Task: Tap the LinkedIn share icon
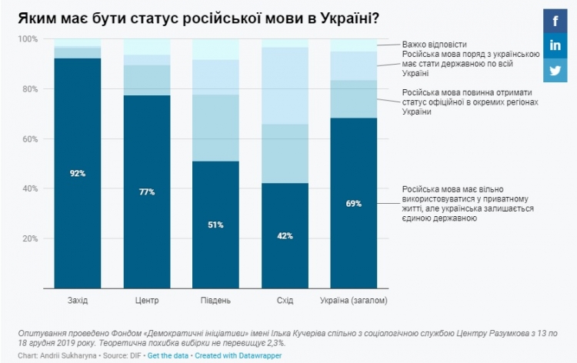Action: [555, 45]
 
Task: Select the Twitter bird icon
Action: [555, 70]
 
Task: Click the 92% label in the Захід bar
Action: [77, 174]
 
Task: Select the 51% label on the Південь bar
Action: [215, 225]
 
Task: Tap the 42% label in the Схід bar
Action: [285, 236]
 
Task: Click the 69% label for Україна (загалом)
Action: [353, 203]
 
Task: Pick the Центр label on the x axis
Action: [146, 299]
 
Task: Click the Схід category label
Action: [285, 299]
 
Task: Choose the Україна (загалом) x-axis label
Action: [353, 299]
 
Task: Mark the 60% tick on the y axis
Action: [28, 139]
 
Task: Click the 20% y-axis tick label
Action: [28, 238]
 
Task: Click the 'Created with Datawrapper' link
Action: [240, 356]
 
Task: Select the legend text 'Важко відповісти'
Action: [434, 45]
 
